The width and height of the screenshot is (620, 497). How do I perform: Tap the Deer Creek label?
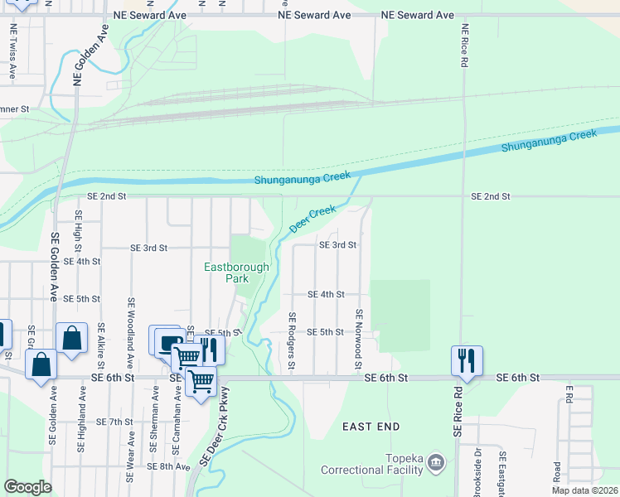[x=312, y=219]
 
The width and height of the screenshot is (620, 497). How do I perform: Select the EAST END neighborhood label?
[x=371, y=427]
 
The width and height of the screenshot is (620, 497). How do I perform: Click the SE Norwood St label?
[x=359, y=340]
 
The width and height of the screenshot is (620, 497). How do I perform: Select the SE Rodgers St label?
[x=292, y=342]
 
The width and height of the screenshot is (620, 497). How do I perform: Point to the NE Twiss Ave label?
[x=12, y=50]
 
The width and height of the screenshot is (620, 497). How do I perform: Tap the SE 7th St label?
[x=114, y=422]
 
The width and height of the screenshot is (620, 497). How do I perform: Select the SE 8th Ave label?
[x=169, y=466]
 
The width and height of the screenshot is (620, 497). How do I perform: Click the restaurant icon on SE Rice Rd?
[x=466, y=361]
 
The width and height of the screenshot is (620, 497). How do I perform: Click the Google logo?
[x=27, y=487]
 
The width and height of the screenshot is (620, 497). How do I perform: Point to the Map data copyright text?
[x=585, y=490]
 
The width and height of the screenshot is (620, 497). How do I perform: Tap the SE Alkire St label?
[x=101, y=345]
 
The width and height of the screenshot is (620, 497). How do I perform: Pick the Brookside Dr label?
[x=477, y=473]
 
